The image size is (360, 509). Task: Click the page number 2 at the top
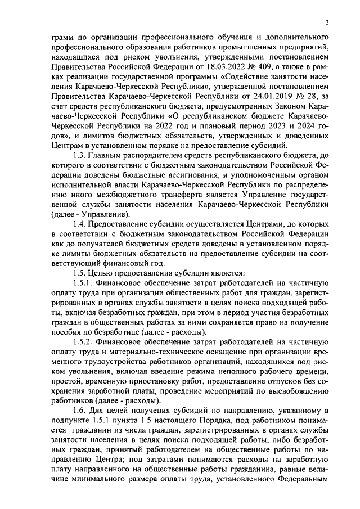326,23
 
